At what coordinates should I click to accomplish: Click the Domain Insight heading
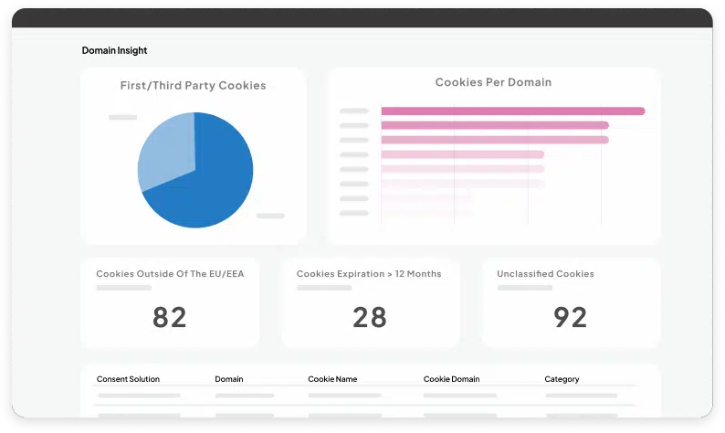[114, 50]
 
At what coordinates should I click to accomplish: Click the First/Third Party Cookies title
[193, 85]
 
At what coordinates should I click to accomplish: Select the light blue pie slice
[164, 151]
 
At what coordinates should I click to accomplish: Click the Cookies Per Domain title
[493, 82]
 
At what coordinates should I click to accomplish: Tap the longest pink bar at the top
[512, 111]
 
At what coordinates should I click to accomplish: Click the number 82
[169, 317]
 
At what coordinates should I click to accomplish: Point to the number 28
[370, 317]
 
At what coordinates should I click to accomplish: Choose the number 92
[571, 317]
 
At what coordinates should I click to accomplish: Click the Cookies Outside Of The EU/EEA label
[170, 274]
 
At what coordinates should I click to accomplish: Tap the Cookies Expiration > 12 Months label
[369, 274]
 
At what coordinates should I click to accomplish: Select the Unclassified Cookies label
[545, 274]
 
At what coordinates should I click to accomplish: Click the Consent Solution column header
[128, 379]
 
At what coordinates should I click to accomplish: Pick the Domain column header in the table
[229, 379]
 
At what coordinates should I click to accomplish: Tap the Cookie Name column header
[332, 379]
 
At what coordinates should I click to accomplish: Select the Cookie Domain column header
[452, 379]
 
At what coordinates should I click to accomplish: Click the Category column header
[562, 379]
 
